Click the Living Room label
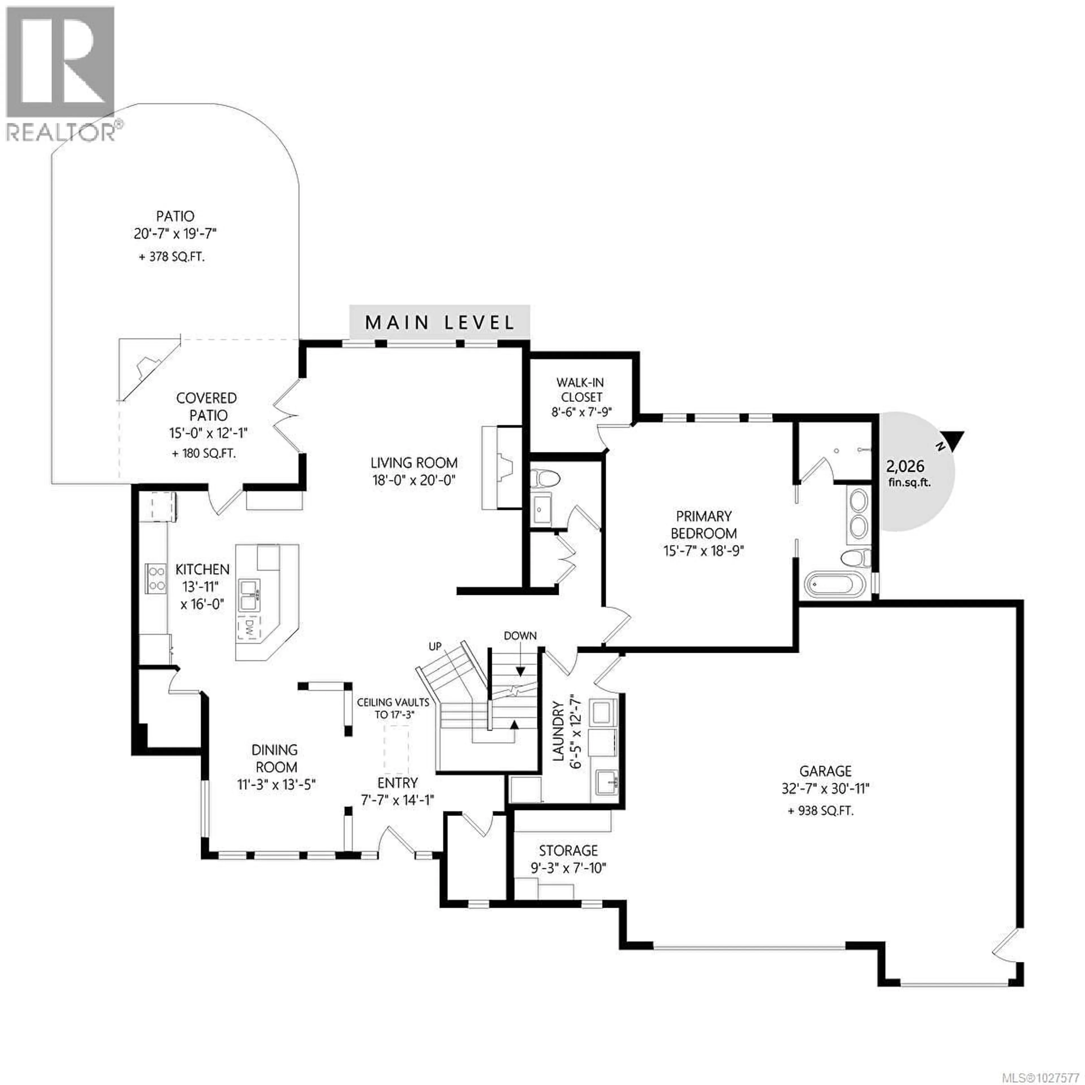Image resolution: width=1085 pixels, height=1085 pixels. tap(414, 463)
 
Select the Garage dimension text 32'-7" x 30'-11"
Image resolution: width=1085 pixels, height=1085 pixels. tap(825, 789)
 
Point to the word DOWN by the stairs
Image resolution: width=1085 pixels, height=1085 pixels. tap(520, 636)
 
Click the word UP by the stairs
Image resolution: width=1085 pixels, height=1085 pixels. tap(435, 646)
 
